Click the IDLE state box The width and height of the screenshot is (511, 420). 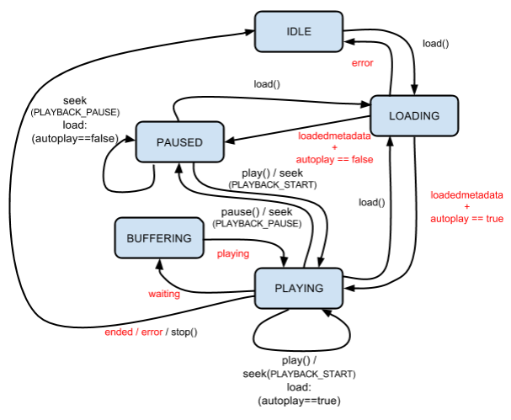(299, 33)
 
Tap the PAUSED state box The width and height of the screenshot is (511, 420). (179, 142)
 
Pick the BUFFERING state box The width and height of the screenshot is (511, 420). (159, 238)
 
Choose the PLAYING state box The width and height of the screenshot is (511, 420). (299, 289)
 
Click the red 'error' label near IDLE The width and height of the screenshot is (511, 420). (362, 63)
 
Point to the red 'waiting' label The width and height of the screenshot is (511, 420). (164, 294)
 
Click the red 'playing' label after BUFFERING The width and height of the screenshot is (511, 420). (232, 253)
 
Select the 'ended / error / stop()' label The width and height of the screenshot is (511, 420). (151, 332)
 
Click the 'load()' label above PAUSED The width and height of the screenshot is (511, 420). (267, 84)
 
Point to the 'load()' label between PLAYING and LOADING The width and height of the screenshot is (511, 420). (371, 202)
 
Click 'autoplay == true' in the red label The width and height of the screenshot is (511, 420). (466, 219)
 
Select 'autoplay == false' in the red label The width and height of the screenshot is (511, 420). (335, 159)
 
